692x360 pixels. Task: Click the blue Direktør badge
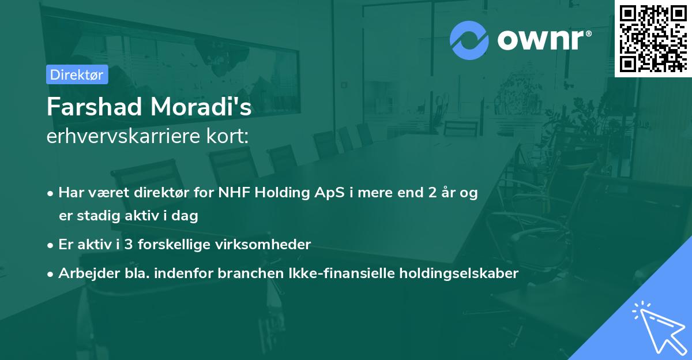coord(77,74)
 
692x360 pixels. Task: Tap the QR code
coord(653,38)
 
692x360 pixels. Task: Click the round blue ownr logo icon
coord(469,40)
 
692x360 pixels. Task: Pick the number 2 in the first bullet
coord(431,193)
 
